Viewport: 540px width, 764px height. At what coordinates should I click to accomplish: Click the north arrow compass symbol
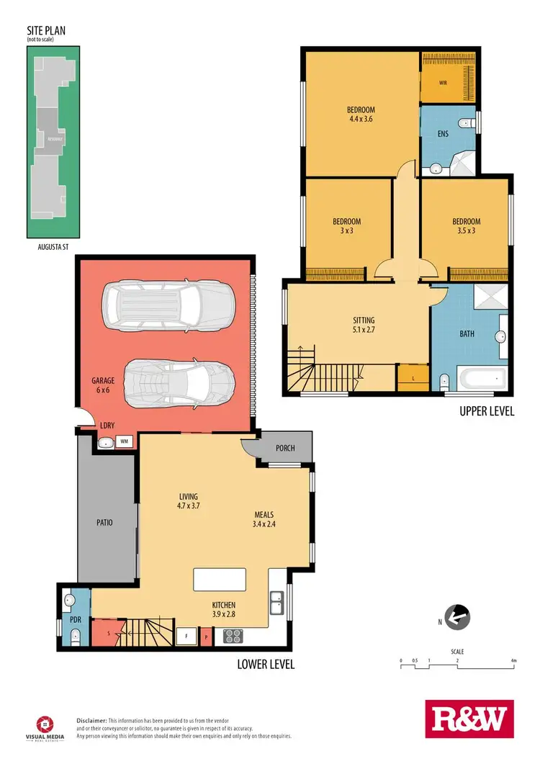[457, 616]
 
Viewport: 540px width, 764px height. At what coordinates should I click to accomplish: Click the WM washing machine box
[124, 441]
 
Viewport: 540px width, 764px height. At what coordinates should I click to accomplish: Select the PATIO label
[104, 523]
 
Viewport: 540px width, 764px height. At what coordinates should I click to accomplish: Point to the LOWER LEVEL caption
[266, 664]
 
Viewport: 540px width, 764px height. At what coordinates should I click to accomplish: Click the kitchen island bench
[220, 580]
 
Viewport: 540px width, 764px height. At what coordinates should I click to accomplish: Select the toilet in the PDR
[75, 635]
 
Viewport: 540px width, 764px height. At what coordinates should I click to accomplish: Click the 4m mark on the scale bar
[513, 660]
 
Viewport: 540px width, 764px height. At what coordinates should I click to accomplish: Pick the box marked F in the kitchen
[186, 636]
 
